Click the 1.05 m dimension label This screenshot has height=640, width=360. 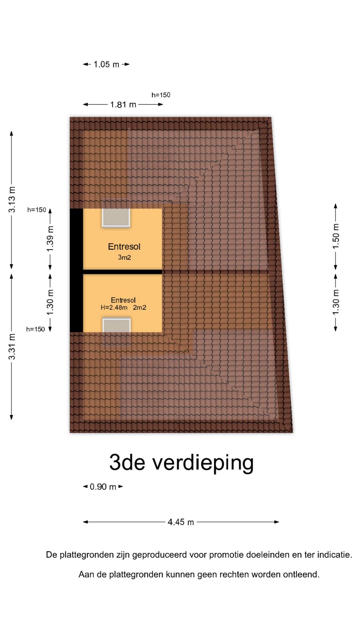(106, 64)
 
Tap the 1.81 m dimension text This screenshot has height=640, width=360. (123, 105)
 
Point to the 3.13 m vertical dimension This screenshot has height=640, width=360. (12, 199)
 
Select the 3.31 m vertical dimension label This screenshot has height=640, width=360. (12, 347)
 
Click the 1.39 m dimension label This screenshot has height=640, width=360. (50, 239)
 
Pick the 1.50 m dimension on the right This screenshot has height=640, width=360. (336, 236)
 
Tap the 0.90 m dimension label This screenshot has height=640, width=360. (103, 487)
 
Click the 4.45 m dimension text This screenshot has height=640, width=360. (181, 522)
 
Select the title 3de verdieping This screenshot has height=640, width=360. (181, 463)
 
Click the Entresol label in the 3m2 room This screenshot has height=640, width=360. (124, 247)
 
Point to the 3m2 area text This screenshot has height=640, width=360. (124, 257)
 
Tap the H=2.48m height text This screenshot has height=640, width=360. (114, 308)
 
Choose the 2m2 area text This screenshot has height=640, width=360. (140, 308)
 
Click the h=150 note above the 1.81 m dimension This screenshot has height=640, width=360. (161, 95)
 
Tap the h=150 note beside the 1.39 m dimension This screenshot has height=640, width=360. (36, 210)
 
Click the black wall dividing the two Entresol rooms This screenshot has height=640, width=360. (122, 272)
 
